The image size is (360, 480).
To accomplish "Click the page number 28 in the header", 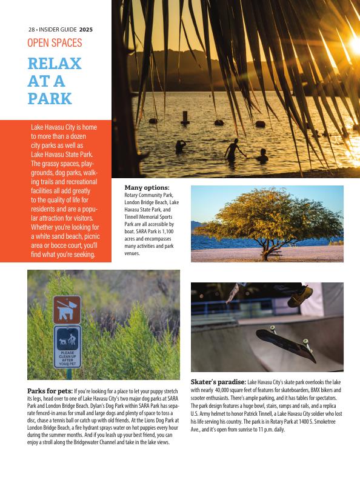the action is click(x=31, y=29).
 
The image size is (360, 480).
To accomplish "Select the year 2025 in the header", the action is click(x=86, y=29).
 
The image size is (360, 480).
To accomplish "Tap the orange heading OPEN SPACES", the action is click(x=55, y=43).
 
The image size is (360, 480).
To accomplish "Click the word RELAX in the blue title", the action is click(x=55, y=64).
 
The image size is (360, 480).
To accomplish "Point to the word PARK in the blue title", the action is click(x=50, y=98).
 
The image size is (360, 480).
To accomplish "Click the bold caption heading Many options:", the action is click(x=147, y=188).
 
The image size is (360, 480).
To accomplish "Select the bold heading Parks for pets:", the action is click(x=50, y=391).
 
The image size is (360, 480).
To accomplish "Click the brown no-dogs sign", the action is click(x=67, y=309).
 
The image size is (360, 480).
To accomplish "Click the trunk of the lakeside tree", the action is click(x=265, y=248).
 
